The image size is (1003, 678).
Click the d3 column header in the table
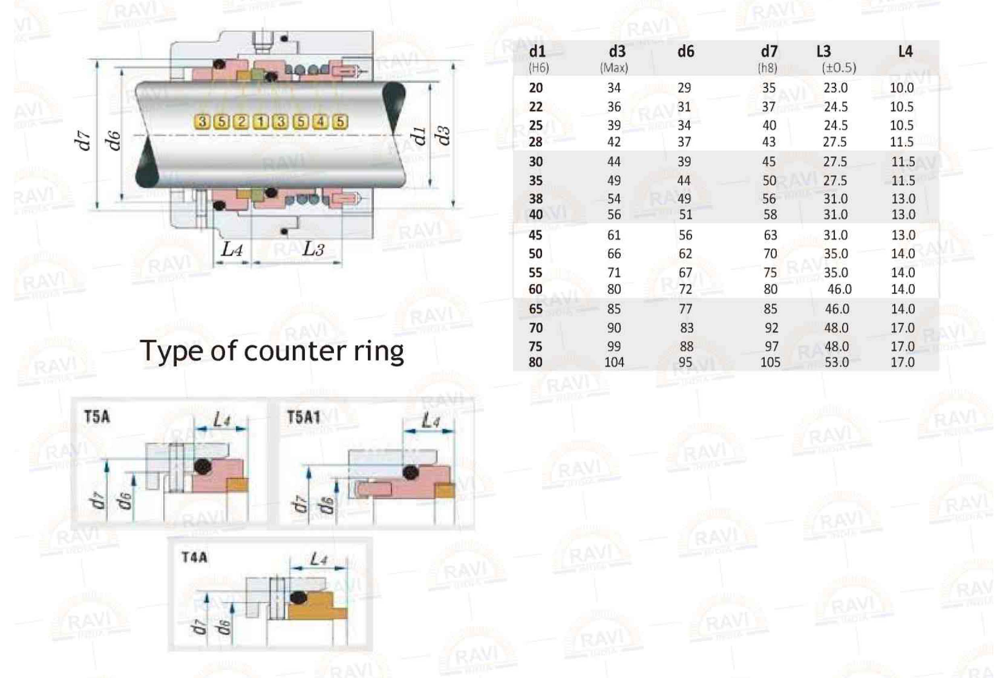pyautogui.click(x=617, y=52)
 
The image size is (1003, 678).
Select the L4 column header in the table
pyautogui.click(x=905, y=52)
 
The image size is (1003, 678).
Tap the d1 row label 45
pyautogui.click(x=536, y=235)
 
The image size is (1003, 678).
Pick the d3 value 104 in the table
pyautogui.click(x=614, y=362)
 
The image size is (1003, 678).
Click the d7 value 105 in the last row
pyautogui.click(x=770, y=362)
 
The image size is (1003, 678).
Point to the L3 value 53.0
pyautogui.click(x=836, y=362)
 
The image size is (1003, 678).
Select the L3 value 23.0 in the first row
pyautogui.click(x=836, y=88)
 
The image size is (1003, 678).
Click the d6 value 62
pyautogui.click(x=685, y=254)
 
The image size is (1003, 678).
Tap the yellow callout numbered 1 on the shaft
pyautogui.click(x=261, y=122)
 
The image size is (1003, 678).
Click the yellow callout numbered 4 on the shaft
pyautogui.click(x=320, y=122)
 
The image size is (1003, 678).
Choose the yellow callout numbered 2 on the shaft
pyautogui.click(x=241, y=122)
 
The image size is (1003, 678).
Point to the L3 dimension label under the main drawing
pyautogui.click(x=313, y=249)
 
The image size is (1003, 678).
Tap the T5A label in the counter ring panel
pyautogui.click(x=97, y=417)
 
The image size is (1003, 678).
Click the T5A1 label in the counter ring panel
pyautogui.click(x=303, y=417)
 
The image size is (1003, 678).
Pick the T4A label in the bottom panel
pyautogui.click(x=194, y=557)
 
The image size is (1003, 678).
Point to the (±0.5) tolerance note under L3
pyautogui.click(x=838, y=68)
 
